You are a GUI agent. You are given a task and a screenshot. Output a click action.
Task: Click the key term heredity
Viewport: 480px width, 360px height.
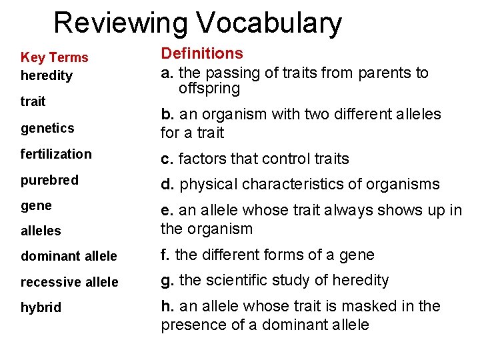(x=47, y=75)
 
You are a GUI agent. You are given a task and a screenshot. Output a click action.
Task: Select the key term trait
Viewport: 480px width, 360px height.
(x=33, y=101)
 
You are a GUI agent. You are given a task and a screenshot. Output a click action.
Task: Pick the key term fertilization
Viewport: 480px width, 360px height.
(x=56, y=154)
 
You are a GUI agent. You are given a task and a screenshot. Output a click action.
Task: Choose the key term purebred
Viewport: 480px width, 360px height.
(x=49, y=180)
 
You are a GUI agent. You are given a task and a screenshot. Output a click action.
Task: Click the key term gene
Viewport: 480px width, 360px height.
(x=36, y=206)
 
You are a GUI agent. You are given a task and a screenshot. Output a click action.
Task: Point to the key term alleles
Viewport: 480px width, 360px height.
(x=41, y=231)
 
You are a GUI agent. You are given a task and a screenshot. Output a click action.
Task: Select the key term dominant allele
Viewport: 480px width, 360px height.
(x=69, y=256)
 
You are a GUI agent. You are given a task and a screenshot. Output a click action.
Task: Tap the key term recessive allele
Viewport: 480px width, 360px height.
(x=69, y=282)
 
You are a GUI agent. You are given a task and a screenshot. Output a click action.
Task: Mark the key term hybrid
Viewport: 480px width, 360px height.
(x=41, y=307)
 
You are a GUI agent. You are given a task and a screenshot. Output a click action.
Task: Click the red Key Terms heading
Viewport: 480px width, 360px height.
(x=54, y=58)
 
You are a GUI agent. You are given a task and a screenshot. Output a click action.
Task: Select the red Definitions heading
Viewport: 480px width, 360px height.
(x=202, y=53)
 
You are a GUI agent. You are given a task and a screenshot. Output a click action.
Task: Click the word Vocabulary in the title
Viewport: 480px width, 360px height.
(x=269, y=23)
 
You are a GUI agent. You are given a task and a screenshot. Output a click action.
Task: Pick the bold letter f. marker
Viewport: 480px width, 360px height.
(x=165, y=255)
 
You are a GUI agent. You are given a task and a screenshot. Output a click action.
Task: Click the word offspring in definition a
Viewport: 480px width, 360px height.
(x=209, y=88)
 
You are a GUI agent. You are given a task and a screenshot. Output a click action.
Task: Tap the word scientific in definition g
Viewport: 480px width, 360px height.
(x=231, y=280)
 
